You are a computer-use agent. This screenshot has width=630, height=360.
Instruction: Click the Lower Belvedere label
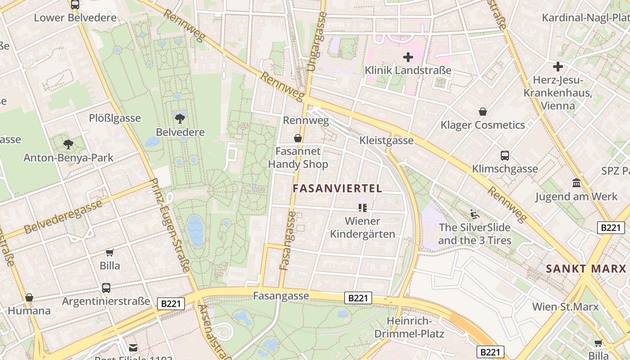[75, 18]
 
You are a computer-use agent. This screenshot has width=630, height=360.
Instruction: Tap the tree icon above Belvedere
[180, 119]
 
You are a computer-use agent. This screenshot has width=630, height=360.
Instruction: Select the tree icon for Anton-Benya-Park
[68, 144]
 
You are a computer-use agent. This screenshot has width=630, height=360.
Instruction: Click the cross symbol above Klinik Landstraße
[408, 57]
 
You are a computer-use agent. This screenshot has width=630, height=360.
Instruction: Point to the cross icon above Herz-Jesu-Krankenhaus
[558, 67]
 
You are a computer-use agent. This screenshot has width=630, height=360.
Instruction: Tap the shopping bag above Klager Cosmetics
[483, 112]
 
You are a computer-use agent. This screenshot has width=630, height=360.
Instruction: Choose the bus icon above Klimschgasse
[505, 156]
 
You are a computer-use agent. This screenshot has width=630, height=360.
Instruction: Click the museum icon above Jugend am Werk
[576, 183]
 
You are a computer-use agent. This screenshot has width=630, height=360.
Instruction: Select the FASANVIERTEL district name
[337, 189]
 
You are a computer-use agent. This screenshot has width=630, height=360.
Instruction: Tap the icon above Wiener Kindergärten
[362, 207]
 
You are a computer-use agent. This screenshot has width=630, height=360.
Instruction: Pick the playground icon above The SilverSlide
[475, 214]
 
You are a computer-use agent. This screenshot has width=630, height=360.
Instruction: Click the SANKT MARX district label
[586, 269]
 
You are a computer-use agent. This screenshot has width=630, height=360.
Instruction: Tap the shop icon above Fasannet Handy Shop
[298, 138]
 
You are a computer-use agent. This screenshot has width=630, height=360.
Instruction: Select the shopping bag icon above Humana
[29, 297]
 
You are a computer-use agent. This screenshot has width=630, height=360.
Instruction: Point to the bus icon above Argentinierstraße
[106, 288]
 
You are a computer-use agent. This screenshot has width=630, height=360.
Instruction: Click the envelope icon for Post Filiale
[133, 347]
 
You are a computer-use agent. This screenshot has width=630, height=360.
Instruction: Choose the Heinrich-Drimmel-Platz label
[409, 328]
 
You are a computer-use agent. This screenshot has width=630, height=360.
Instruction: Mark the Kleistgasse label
[386, 140]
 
